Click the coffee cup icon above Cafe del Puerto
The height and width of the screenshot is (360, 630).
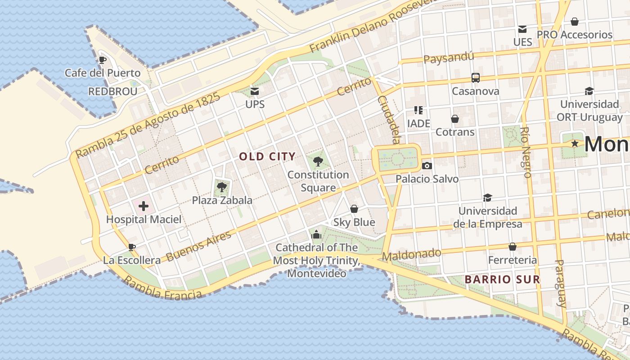103,60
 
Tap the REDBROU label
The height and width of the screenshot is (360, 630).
112,91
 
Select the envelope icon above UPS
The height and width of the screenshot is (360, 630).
255,91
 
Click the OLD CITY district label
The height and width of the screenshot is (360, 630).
267,157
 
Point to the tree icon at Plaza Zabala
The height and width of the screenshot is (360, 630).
221,187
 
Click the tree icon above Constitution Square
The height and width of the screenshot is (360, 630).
318,161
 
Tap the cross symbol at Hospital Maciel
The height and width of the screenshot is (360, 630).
144,206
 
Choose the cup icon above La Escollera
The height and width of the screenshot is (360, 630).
131,247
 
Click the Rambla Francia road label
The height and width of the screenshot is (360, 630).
162,288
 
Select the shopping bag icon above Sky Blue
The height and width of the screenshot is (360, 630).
354,209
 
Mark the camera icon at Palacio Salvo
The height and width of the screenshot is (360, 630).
427,166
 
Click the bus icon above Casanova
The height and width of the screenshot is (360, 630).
476,78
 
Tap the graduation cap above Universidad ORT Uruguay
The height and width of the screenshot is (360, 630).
589,91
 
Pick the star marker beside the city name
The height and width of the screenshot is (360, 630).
575,144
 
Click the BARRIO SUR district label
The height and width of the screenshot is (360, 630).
502,279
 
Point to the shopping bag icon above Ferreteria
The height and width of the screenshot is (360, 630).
513,247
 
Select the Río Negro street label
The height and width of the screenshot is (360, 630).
526,152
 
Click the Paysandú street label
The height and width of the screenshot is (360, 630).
449,58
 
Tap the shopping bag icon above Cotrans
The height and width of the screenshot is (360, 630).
455,119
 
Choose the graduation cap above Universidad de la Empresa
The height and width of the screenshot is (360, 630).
487,198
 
